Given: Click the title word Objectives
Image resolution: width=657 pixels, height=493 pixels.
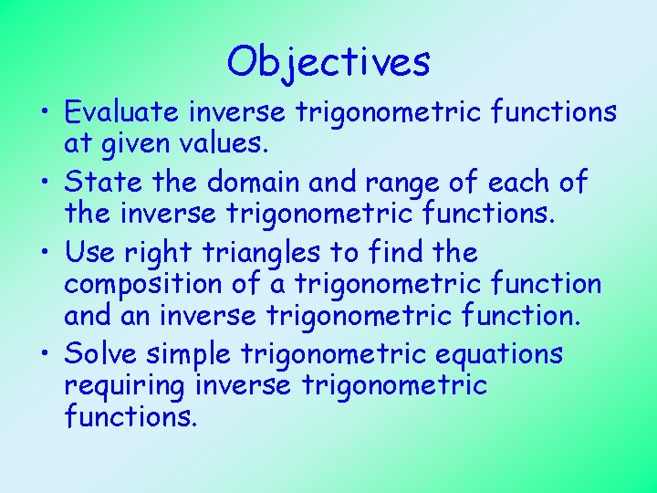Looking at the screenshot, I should point(328,63).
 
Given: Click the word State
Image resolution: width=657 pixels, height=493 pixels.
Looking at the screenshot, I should point(102,182).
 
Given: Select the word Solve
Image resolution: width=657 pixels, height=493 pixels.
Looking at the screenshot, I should point(102,352).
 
